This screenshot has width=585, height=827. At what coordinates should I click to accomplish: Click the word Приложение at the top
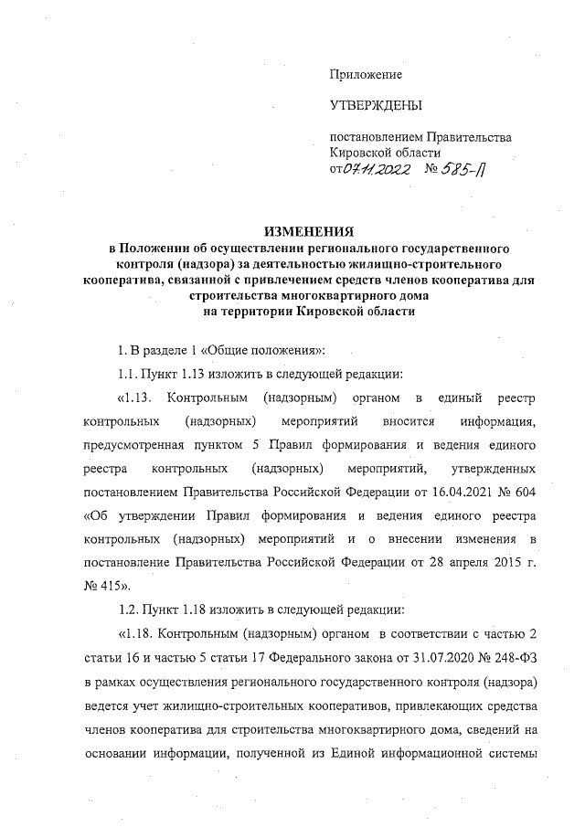[366, 73]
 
